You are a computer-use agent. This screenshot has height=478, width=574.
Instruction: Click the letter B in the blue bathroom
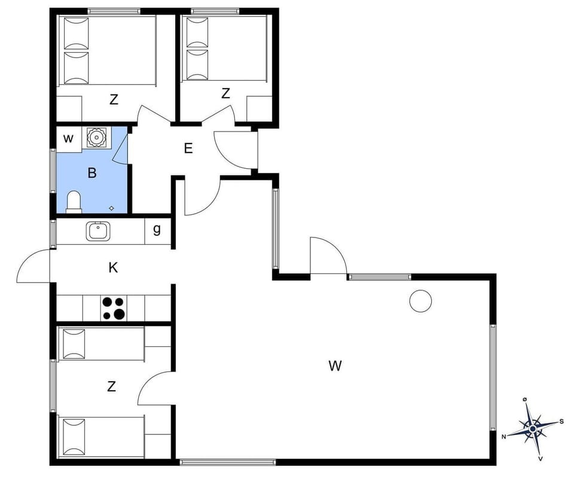point(92,173)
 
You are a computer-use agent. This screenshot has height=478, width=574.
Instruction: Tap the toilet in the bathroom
point(74,202)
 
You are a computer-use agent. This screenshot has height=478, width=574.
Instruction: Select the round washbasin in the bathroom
point(96,138)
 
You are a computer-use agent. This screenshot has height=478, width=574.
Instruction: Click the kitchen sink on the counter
point(99,231)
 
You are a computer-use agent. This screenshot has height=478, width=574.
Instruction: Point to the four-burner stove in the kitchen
point(113,308)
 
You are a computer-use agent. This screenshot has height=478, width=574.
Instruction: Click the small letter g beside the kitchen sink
point(157,230)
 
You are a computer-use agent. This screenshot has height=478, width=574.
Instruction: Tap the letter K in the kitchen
point(113,268)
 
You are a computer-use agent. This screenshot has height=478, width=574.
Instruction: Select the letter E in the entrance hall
point(188,148)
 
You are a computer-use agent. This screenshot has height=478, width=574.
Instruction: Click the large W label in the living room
point(335,366)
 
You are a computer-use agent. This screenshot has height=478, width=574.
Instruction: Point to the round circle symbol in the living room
point(420,301)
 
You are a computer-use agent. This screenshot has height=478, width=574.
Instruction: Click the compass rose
point(532,428)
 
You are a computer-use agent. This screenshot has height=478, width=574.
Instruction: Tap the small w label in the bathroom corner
point(68,139)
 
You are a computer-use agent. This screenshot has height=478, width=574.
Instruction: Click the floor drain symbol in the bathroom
point(112,208)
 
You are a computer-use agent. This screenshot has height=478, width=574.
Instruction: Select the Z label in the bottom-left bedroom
point(111,387)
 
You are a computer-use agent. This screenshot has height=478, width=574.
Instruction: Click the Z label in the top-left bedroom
point(114,100)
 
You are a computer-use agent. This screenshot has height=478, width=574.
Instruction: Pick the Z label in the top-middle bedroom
point(225,93)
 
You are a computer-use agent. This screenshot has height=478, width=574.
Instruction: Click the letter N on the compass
point(504,437)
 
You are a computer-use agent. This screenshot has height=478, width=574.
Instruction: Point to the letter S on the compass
point(561,421)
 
